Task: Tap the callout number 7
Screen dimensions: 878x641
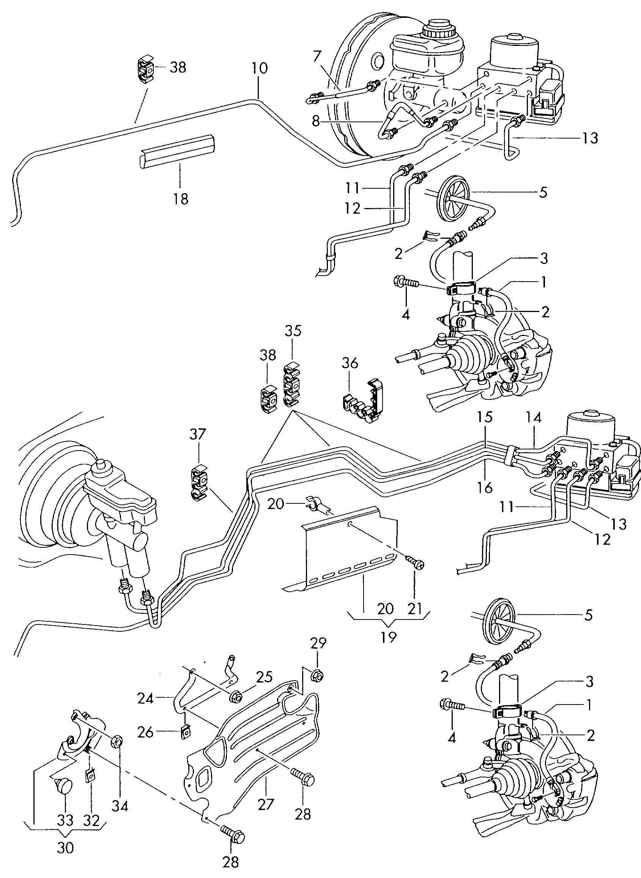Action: coord(317,57)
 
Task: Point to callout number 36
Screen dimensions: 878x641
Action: coord(350,363)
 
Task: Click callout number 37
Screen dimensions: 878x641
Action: coord(198,434)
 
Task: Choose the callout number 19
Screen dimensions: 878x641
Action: coord(388,637)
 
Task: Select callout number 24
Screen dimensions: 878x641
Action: coord(145,698)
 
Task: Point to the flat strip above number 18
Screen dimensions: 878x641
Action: coord(177,151)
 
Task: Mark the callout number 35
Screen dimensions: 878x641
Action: coord(293,331)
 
